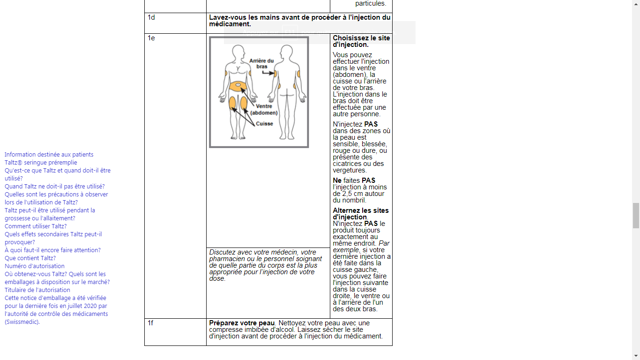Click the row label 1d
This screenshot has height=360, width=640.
coord(151,17)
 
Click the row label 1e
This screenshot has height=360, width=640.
coord(151,38)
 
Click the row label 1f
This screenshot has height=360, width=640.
coord(150,323)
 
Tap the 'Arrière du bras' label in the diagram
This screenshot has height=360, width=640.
coord(261,63)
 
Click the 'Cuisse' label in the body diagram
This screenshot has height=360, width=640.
coord(264,124)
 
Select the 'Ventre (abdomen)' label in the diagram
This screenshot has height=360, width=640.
coord(264,110)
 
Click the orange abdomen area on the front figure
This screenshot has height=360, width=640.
coord(238,86)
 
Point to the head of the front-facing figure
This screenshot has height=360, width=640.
coord(238,52)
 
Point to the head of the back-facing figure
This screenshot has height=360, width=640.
coord(286,52)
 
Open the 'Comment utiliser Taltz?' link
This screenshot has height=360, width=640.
coord(36,226)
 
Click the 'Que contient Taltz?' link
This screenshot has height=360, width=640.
coord(30,258)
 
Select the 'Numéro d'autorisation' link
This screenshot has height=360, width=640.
coord(34,266)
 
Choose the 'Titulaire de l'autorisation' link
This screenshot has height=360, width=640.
coord(37,290)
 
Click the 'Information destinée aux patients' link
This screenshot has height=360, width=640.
coord(49,154)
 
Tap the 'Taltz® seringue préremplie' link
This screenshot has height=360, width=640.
coord(41,162)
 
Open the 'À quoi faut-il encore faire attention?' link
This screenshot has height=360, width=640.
coord(52,250)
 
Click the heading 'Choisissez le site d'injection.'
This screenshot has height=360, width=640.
coord(361,41)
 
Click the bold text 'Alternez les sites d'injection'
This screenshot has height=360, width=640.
coord(361,214)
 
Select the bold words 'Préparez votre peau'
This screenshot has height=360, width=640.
coord(242,323)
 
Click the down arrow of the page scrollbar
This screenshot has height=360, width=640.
coord(636,356)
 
